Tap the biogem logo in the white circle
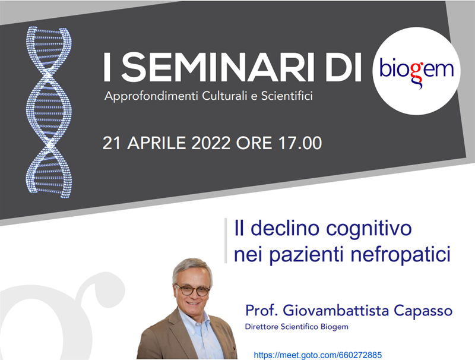pyautogui.click(x=417, y=71)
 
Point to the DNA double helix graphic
pyautogui.click(x=49, y=112)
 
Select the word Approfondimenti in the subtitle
pyautogui.click(x=151, y=96)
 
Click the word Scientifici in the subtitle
pyautogui.click(x=287, y=96)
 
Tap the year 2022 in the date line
pyautogui.click(x=211, y=143)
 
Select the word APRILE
pyautogui.click(x=156, y=143)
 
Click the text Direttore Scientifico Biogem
pyautogui.click(x=296, y=327)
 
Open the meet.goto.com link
pyautogui.click(x=318, y=355)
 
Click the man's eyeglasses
pyautogui.click(x=192, y=290)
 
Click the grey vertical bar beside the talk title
pyautogui.click(x=226, y=241)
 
